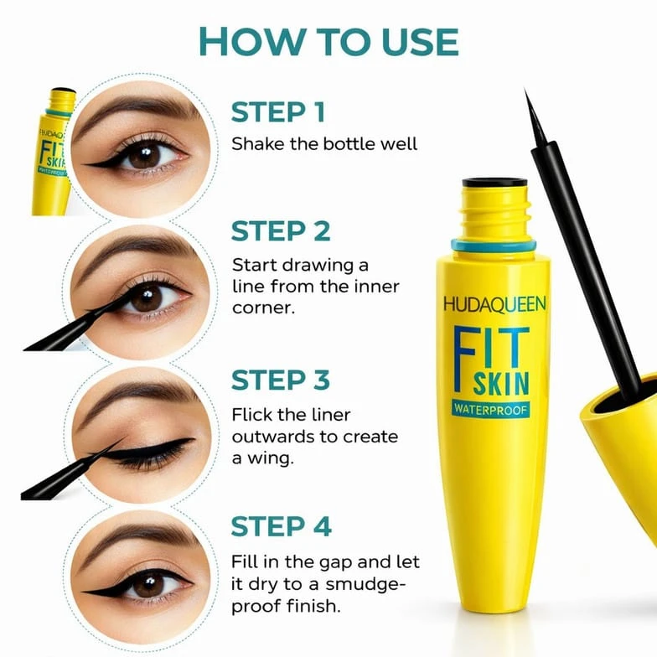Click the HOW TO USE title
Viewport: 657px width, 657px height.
point(328,42)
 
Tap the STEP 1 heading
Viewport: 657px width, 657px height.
point(278,112)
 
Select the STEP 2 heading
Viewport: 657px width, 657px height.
point(281,231)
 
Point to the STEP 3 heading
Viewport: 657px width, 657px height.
point(281,380)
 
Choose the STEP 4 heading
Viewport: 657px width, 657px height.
point(282,526)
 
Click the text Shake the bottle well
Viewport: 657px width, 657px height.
point(324,144)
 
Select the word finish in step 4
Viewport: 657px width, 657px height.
point(313,605)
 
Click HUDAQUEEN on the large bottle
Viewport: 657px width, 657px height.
point(494,304)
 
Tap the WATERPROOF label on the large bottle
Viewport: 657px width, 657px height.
point(490,409)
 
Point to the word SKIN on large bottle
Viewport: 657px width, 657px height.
point(501,384)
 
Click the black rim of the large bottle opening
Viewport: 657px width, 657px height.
point(494,183)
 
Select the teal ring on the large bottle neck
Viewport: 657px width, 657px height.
point(494,245)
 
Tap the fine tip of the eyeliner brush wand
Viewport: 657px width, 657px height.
point(525,91)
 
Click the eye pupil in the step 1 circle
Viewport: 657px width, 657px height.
point(144,156)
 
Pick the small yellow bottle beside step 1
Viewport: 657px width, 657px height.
point(53,152)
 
